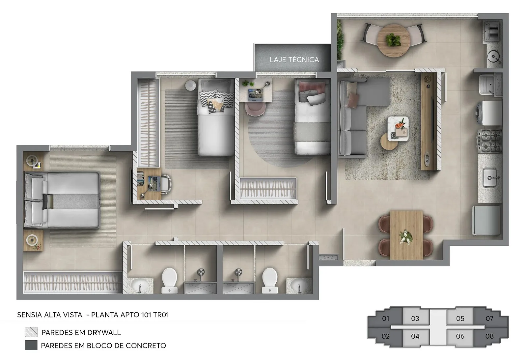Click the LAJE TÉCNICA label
point(294,60)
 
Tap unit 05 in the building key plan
point(460,318)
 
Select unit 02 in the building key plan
point(385,336)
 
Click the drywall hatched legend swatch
point(31,332)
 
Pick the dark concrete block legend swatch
point(31,346)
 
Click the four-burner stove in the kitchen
point(489,141)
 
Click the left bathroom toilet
point(169,281)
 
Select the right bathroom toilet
point(270,281)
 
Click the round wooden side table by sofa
point(389,141)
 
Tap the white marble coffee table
point(398,129)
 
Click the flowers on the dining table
point(405,237)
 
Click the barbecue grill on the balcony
point(492,31)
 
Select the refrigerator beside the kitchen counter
point(486,220)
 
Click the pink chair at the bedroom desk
point(255,109)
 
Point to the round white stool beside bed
point(190,85)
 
